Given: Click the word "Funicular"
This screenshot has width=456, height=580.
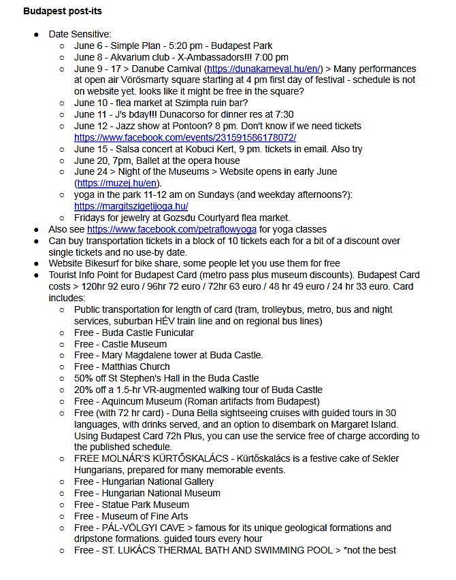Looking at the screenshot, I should tap(172, 332).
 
